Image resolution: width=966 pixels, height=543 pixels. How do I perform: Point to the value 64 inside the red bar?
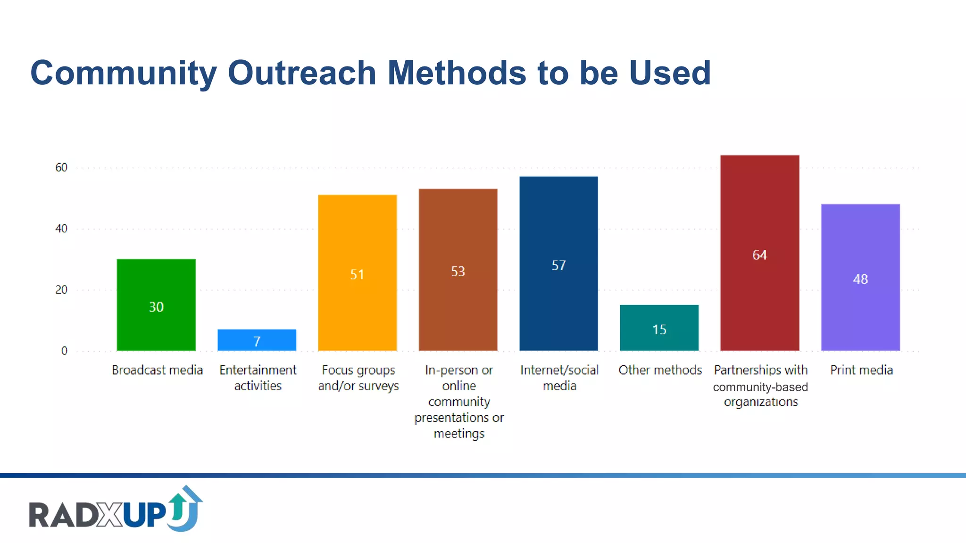point(759,255)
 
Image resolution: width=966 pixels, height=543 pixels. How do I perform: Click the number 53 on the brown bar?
point(458,271)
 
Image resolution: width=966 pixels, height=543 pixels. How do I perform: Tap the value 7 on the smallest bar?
point(257,341)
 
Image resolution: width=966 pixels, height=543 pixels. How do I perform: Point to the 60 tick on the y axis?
point(61,167)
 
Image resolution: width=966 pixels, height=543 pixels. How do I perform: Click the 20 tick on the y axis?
point(61,290)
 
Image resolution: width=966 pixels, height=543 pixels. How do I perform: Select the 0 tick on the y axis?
point(64,351)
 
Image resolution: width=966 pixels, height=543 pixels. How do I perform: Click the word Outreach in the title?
point(301,73)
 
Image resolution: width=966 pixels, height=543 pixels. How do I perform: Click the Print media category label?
point(861,370)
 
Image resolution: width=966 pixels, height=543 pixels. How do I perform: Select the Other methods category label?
point(660,370)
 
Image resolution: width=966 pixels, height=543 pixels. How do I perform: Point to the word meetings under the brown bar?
point(459,433)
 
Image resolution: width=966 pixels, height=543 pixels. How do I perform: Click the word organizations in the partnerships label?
point(761,402)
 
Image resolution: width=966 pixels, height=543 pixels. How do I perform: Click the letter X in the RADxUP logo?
point(111,515)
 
